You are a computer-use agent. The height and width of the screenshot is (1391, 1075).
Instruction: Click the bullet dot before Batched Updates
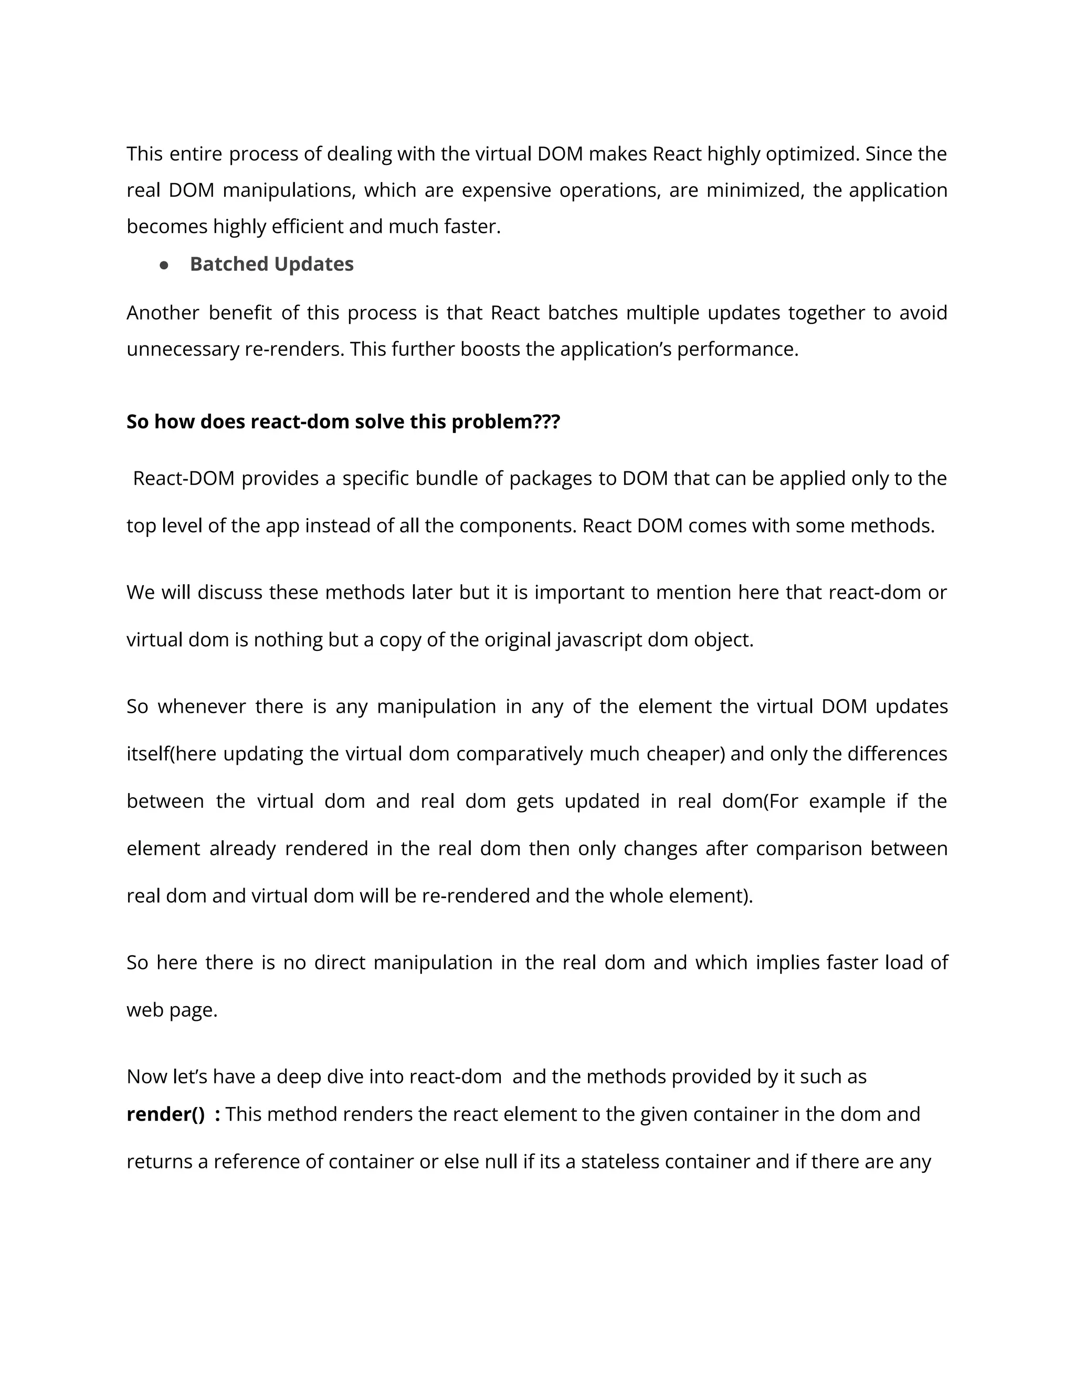pos(164,265)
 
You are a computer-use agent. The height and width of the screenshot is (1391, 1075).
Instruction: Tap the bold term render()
pos(165,1114)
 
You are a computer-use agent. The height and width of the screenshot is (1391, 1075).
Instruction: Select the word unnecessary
pos(183,349)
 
